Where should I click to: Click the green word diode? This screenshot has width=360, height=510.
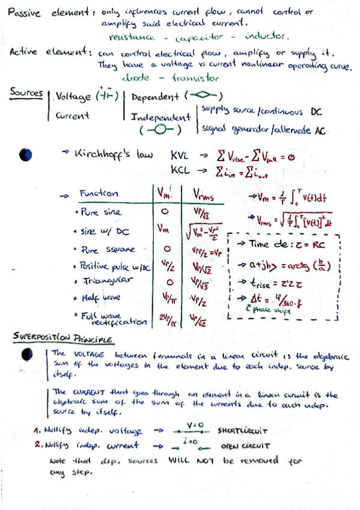[136, 78]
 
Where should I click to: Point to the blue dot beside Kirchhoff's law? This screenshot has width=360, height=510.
[25, 155]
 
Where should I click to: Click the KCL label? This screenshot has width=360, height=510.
[182, 171]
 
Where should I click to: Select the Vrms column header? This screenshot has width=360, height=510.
[203, 193]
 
